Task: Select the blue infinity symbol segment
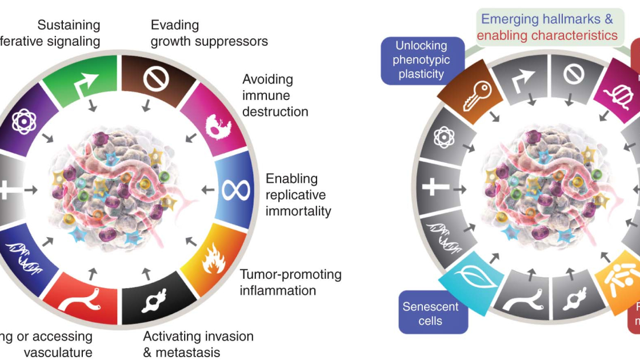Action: click(235, 189)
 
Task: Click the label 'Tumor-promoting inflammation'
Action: click(290, 282)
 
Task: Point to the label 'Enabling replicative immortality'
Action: click(298, 195)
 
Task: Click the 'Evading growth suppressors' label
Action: click(209, 33)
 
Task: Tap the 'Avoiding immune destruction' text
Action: click(275, 95)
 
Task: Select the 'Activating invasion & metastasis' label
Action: click(198, 344)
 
